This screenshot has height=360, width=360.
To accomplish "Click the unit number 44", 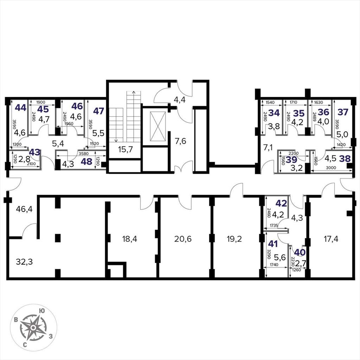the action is click(21, 108).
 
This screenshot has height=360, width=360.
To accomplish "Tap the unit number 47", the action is click(99, 111).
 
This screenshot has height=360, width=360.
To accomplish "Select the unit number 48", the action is click(87, 162).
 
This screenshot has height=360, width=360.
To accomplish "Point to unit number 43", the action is click(35, 152).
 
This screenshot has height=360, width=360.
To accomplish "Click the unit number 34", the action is click(274, 113).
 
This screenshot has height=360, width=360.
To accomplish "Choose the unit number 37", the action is click(343, 112).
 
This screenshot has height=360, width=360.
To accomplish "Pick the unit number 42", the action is click(282, 203).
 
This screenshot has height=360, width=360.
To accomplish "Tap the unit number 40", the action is click(300, 252).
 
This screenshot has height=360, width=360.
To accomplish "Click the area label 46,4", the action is click(24, 209).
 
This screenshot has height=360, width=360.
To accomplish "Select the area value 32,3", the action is click(24, 262).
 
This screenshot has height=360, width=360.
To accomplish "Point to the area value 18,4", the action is click(130, 239).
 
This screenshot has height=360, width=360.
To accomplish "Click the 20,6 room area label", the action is click(183, 239).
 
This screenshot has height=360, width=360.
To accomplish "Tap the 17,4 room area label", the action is click(331, 239).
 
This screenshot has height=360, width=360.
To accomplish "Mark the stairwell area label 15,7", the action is click(125, 149).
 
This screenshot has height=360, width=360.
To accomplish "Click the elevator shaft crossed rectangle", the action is click(158, 127).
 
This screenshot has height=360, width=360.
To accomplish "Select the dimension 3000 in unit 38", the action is click(331, 168).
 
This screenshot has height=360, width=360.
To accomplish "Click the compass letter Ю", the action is click(42, 311).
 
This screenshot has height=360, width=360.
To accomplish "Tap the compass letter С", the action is click(25, 345).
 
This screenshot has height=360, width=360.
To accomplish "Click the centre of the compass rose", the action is click(33, 327).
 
